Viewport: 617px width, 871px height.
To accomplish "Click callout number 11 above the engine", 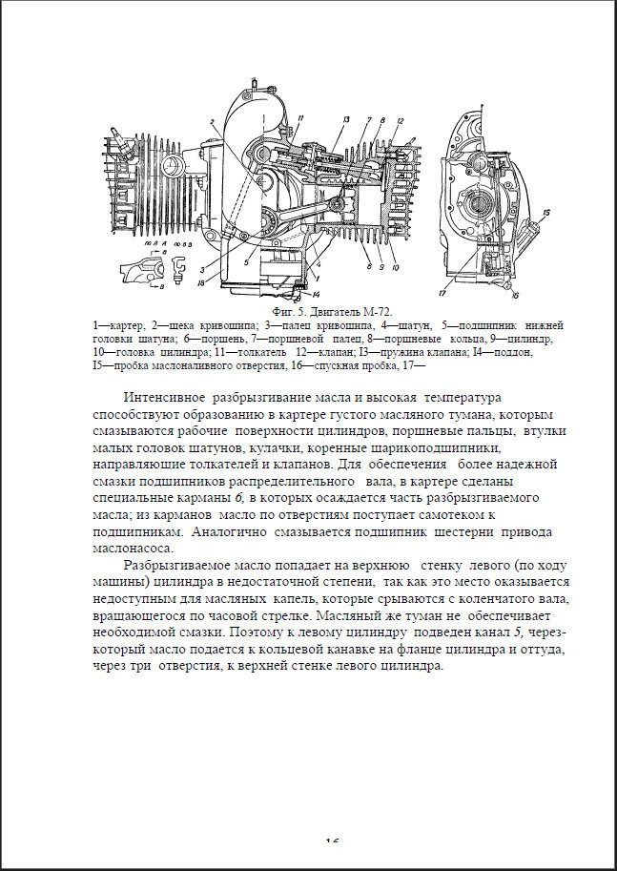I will pos(299,117).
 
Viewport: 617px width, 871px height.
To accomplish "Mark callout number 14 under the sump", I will pos(316,294).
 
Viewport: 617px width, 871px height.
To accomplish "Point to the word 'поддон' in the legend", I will pos(515,352).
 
